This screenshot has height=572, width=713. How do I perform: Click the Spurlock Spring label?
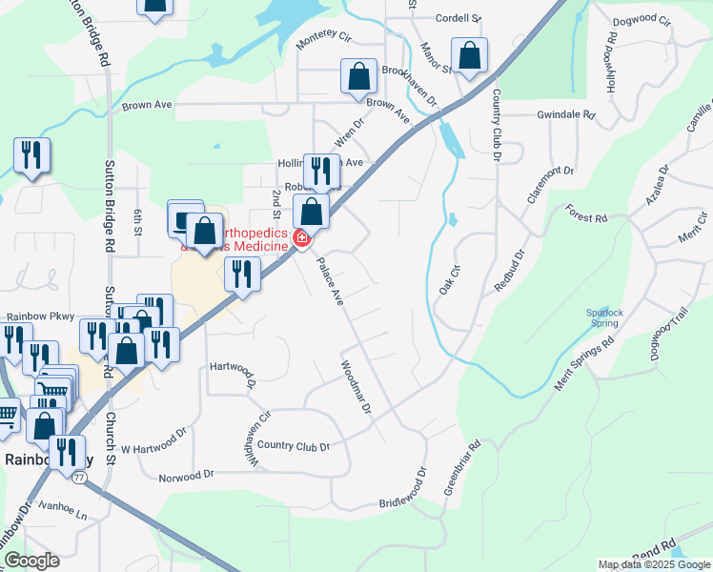point(602,317)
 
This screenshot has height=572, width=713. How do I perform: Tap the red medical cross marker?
point(302,237)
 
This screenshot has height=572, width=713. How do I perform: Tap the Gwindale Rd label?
point(565,114)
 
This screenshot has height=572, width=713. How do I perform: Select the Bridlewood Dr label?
point(406,488)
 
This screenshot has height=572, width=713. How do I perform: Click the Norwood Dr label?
point(186,476)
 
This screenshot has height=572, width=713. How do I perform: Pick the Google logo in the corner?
point(31,560)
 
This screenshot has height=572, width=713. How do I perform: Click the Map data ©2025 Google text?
point(654,564)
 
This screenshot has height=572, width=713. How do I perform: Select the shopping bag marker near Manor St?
point(470,57)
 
